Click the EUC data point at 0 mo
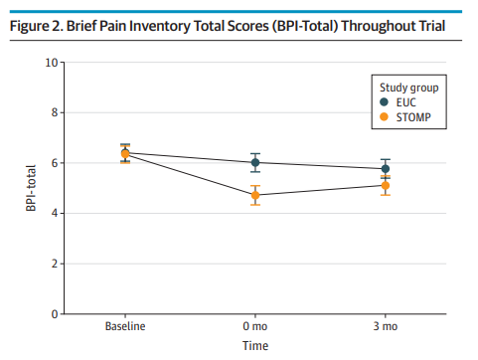pyautogui.click(x=255, y=162)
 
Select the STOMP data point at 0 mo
pyautogui.click(x=255, y=195)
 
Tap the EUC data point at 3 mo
pyautogui.click(x=386, y=168)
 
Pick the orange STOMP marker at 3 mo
pyautogui.click(x=386, y=185)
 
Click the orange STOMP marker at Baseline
pyautogui.click(x=125, y=154)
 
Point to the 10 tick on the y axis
pyautogui.click(x=50, y=63)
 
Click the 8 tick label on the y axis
pyautogui.click(x=53, y=112)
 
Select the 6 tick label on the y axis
pyautogui.click(x=53, y=163)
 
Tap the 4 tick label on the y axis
pyautogui.click(x=53, y=213)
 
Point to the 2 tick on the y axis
pyautogui.click(x=53, y=264)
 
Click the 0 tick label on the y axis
pyautogui.click(x=53, y=314)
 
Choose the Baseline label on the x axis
pyautogui.click(x=125, y=326)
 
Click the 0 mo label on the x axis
pyautogui.click(x=255, y=326)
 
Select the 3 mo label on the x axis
pyautogui.click(x=386, y=326)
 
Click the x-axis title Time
pyautogui.click(x=255, y=346)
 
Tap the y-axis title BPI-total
pyautogui.click(x=32, y=189)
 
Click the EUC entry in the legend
pyautogui.click(x=402, y=101)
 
